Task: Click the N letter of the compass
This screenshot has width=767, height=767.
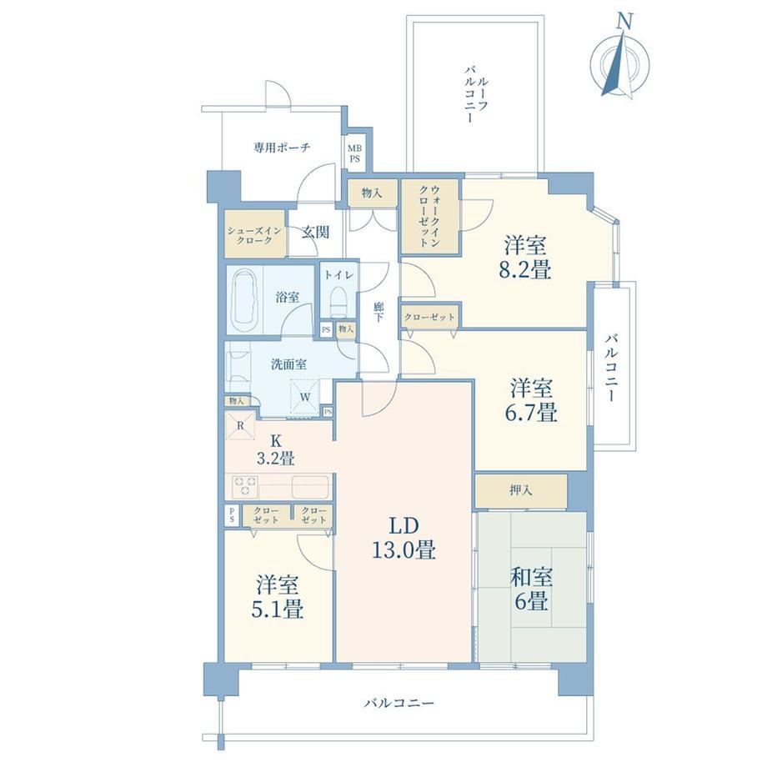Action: [x=624, y=21]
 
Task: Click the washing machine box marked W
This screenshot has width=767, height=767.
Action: [x=305, y=397]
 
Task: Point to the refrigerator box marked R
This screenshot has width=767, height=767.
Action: [x=240, y=425]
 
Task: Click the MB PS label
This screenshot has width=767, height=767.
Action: [x=354, y=153]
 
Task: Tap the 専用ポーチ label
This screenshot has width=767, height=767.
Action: [x=282, y=148]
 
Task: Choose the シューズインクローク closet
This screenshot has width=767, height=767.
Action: [x=255, y=233]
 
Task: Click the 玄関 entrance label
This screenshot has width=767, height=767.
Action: [x=315, y=232]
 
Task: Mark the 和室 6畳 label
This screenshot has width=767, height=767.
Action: [x=531, y=589]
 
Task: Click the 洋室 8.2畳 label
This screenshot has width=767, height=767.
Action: [x=525, y=258]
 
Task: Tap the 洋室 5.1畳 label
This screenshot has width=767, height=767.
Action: [x=277, y=597]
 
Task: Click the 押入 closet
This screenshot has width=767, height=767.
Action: [x=521, y=490]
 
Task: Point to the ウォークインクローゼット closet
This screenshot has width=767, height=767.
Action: [x=430, y=217]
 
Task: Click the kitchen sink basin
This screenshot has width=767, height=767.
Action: [x=310, y=487]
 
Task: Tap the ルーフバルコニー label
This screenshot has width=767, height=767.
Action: [x=475, y=95]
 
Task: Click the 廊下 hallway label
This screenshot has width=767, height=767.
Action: [x=378, y=313]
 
